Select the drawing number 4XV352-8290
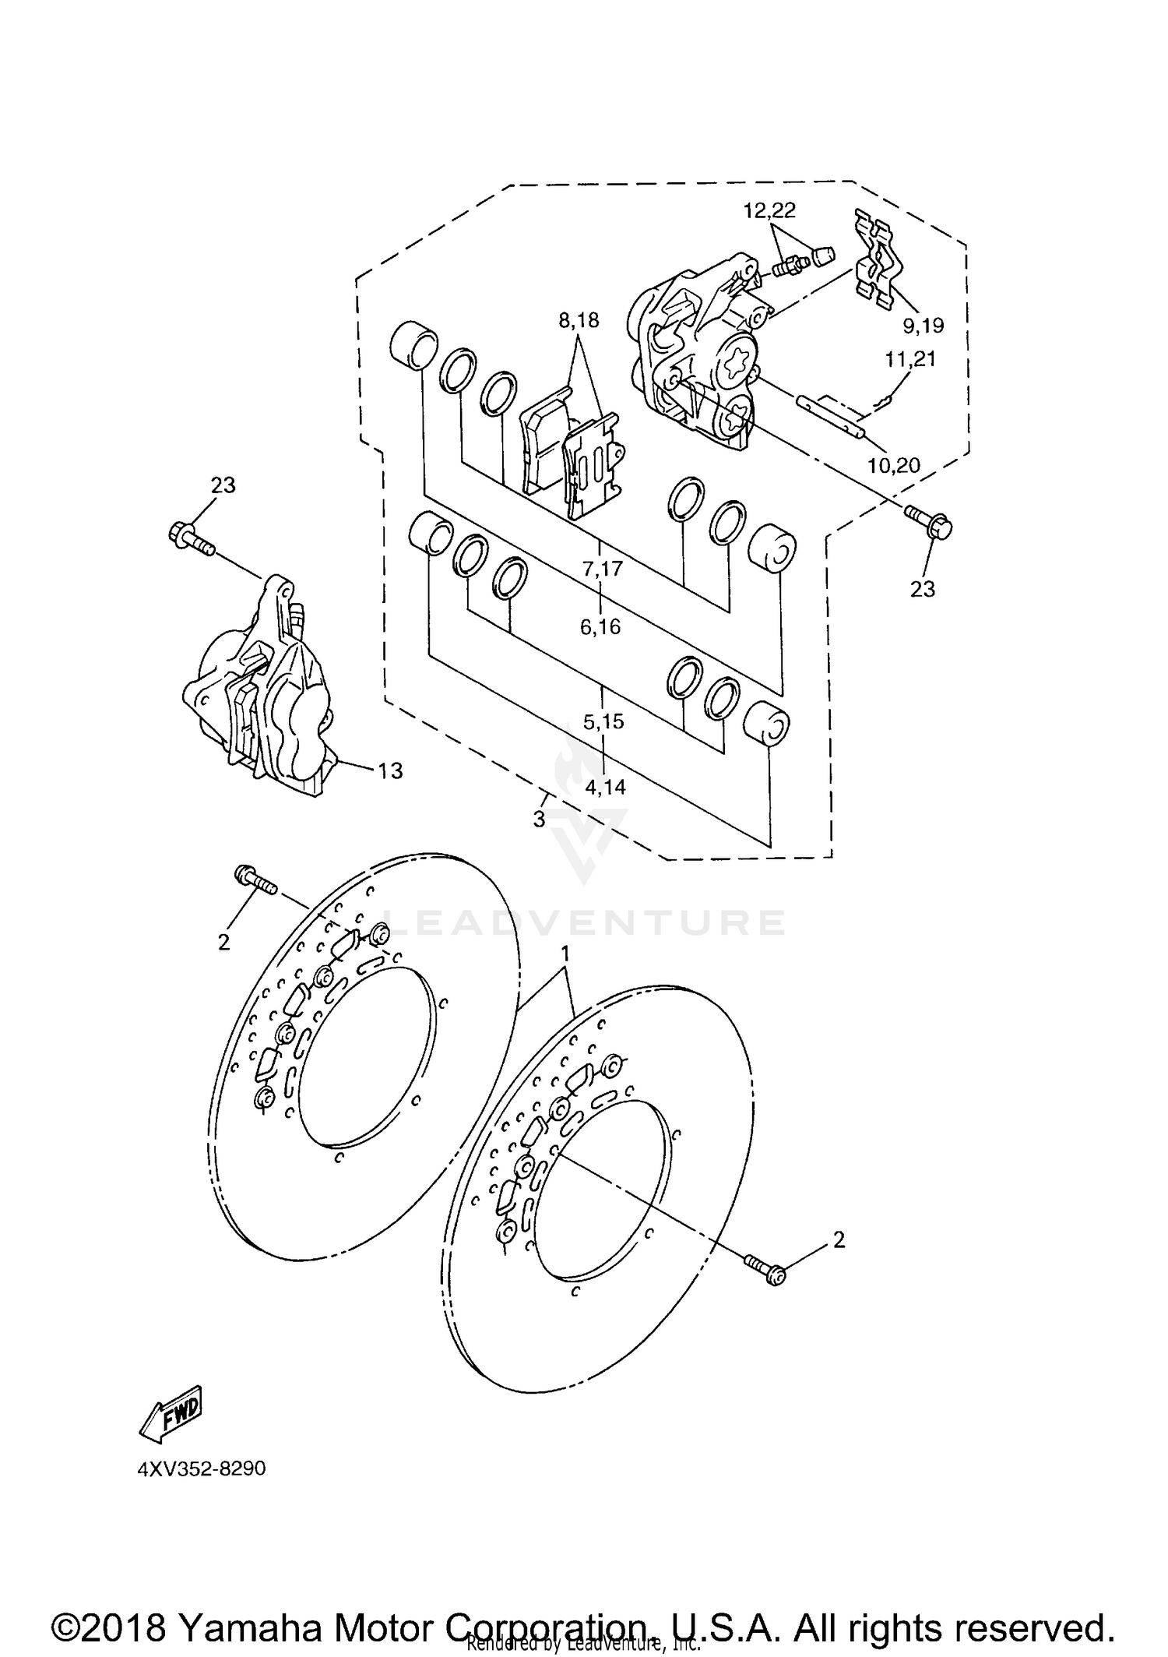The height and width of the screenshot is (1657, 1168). [x=202, y=1468]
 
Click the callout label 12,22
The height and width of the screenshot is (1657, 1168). [x=769, y=210]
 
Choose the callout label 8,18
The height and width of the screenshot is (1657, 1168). [x=579, y=320]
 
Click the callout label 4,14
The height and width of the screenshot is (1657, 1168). [x=605, y=787]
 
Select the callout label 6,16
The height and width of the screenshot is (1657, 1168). [x=600, y=626]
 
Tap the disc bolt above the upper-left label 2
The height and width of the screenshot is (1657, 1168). [x=255, y=883]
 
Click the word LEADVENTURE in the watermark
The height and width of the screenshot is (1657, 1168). [x=584, y=922]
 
